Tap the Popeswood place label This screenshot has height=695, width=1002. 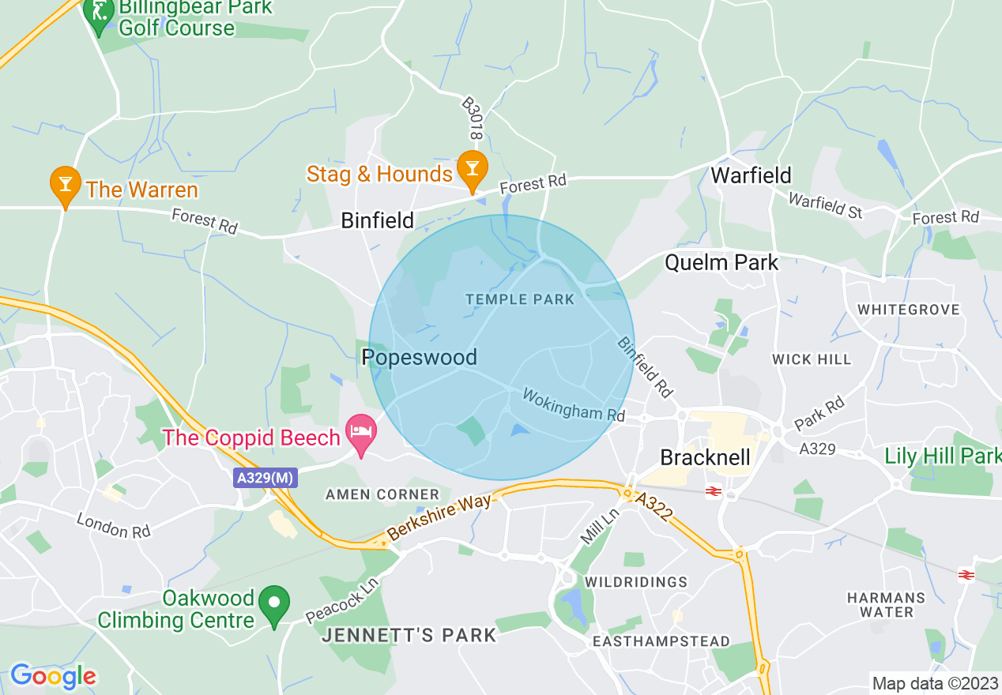(419, 358)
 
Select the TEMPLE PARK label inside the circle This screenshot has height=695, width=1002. (519, 299)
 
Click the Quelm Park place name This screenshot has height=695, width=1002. (721, 262)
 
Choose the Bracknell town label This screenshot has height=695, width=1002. (705, 458)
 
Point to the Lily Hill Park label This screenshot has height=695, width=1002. (942, 456)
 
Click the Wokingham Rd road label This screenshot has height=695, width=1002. (574, 404)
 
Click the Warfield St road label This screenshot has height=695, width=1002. (825, 205)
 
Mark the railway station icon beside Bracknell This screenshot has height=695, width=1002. (712, 491)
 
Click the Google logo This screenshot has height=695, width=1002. (53, 676)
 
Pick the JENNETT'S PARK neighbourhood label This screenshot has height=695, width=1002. (409, 635)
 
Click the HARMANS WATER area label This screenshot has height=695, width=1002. (886, 605)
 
